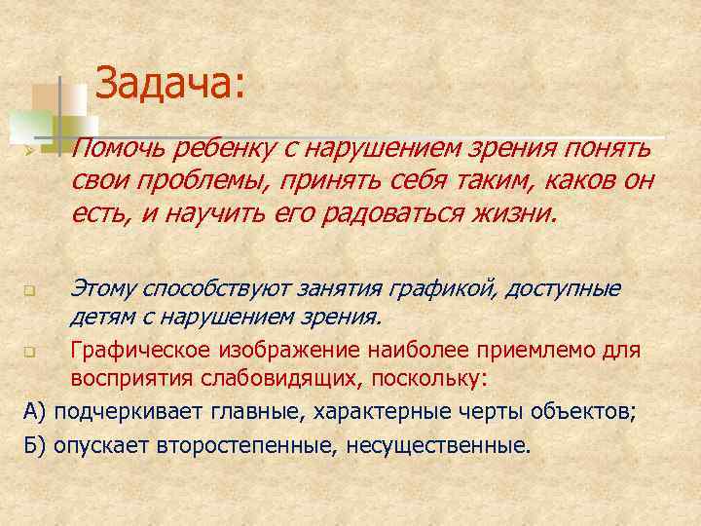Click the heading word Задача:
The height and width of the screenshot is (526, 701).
pos(171,84)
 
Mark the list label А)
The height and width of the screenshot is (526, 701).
pos(35,410)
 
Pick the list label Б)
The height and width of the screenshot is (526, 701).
pos(35,445)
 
